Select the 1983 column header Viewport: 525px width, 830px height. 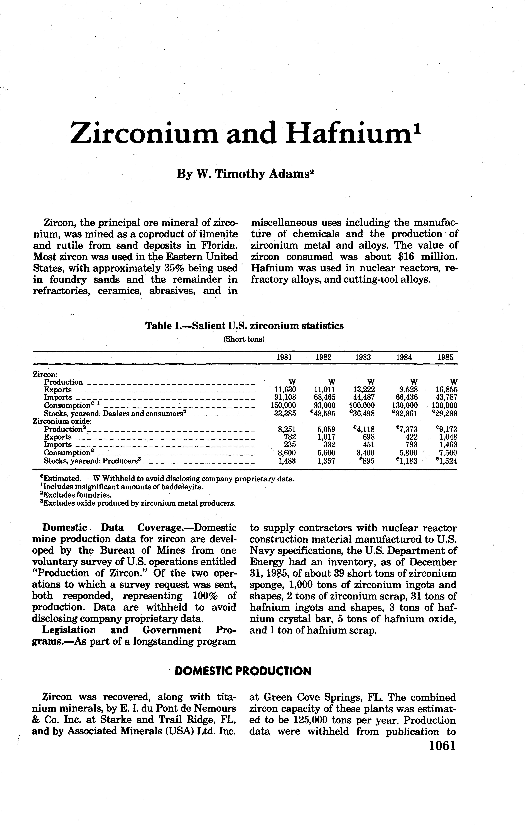363,357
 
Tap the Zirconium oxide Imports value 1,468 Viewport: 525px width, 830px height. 447,445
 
